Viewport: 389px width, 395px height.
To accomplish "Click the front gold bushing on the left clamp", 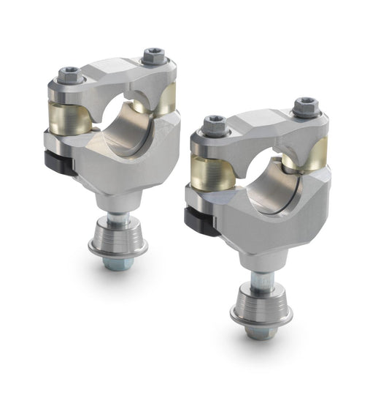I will click(x=74, y=117).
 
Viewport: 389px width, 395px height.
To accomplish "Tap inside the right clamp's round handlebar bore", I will click(x=271, y=179).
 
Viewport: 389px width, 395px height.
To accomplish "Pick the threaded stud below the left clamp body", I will click(x=117, y=217).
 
